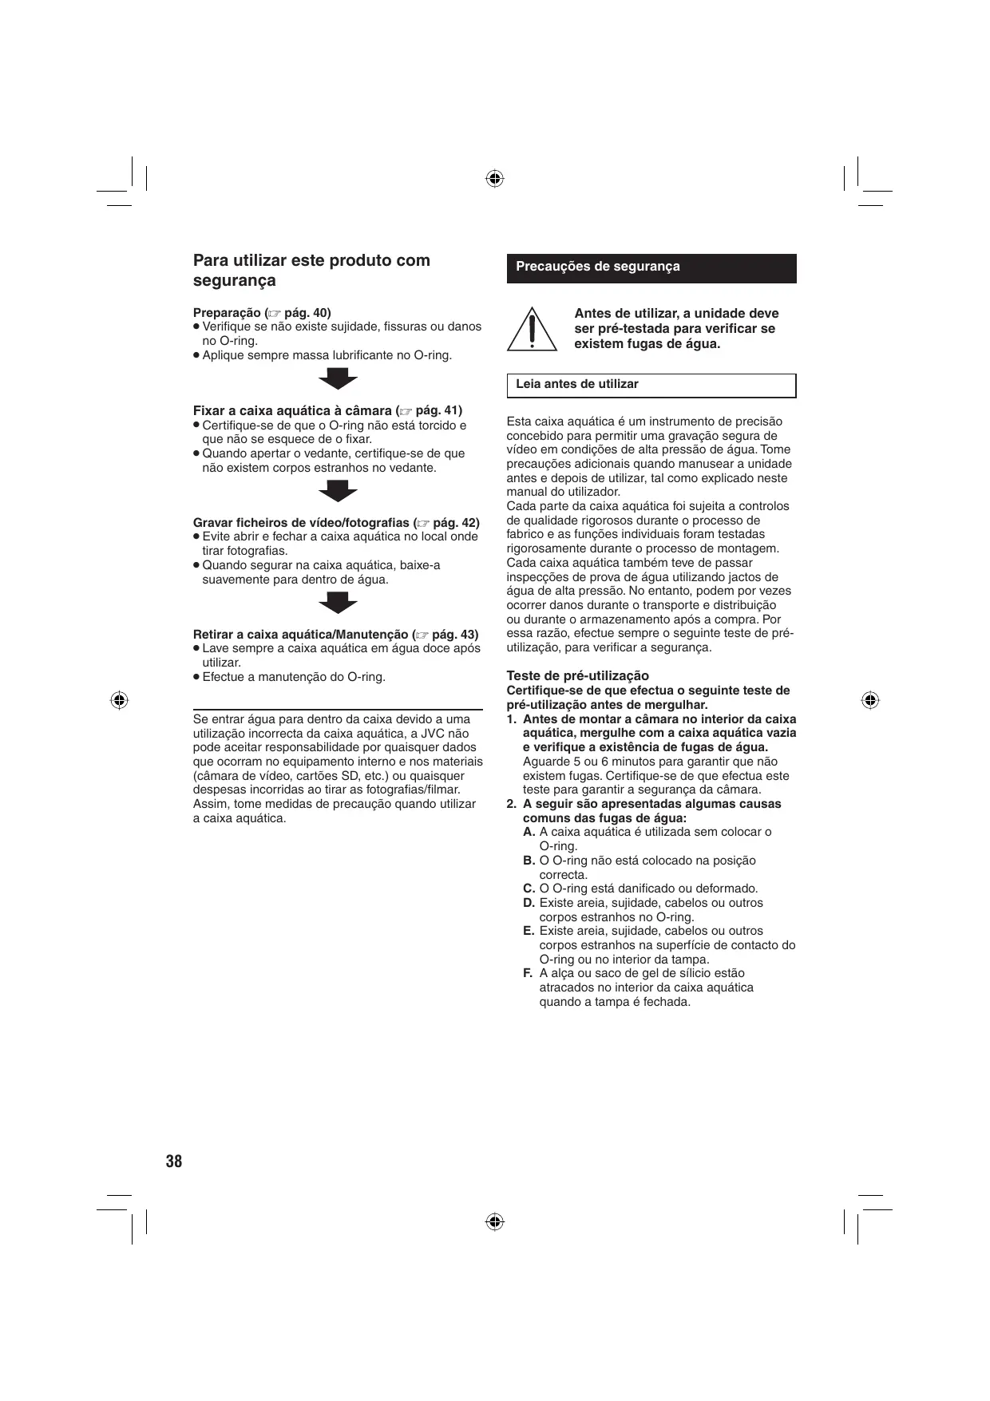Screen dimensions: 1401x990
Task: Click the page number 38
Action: pos(174,1162)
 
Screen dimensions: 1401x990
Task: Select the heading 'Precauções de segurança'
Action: pos(598,267)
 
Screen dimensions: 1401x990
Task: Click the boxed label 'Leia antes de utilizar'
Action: pos(577,385)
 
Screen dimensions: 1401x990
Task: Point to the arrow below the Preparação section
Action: pos(339,379)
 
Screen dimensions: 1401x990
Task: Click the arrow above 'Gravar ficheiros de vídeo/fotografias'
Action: pos(339,491)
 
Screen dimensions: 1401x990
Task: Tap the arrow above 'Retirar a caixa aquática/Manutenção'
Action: pos(339,604)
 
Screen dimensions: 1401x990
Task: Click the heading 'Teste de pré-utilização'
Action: pos(578,676)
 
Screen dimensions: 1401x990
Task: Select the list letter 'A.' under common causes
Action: pos(529,832)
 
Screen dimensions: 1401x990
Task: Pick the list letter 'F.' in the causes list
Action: pos(529,973)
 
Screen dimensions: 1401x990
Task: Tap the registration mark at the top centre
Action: pos(494,178)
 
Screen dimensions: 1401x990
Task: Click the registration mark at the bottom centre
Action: pos(494,1222)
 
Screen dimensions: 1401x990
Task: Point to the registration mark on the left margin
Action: pos(119,700)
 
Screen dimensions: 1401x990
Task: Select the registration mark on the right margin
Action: pos(870,700)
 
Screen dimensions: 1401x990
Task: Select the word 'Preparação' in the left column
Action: pos(227,313)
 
